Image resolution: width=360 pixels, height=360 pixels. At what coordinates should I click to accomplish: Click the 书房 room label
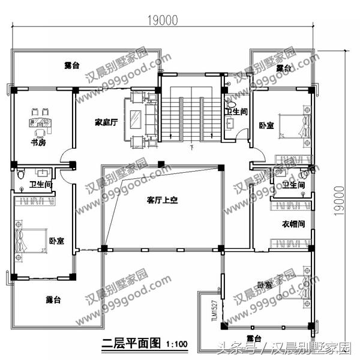38,143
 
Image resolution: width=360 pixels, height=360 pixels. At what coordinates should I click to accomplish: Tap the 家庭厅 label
104,122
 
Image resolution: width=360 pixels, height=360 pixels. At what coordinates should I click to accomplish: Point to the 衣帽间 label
293,223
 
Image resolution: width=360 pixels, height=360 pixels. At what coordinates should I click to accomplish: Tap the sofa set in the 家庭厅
142,118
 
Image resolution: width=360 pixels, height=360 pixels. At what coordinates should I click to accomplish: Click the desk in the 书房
38,124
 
